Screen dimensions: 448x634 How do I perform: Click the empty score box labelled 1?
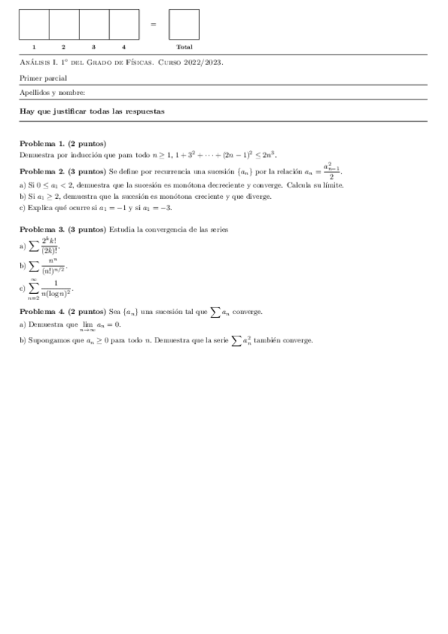34,24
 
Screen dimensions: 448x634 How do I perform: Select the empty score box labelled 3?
94,24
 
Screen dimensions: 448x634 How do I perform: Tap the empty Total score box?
184,24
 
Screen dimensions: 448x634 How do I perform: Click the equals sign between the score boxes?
153,24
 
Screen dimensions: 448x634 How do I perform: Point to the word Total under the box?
184,47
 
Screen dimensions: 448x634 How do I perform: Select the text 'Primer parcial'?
43,78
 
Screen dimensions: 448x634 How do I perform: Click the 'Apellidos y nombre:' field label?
52,93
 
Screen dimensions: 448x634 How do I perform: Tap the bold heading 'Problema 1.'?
42,143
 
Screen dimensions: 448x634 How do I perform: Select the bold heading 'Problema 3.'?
42,229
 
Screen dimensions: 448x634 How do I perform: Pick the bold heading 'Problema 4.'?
42,311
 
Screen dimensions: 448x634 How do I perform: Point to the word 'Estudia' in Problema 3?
120,229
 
